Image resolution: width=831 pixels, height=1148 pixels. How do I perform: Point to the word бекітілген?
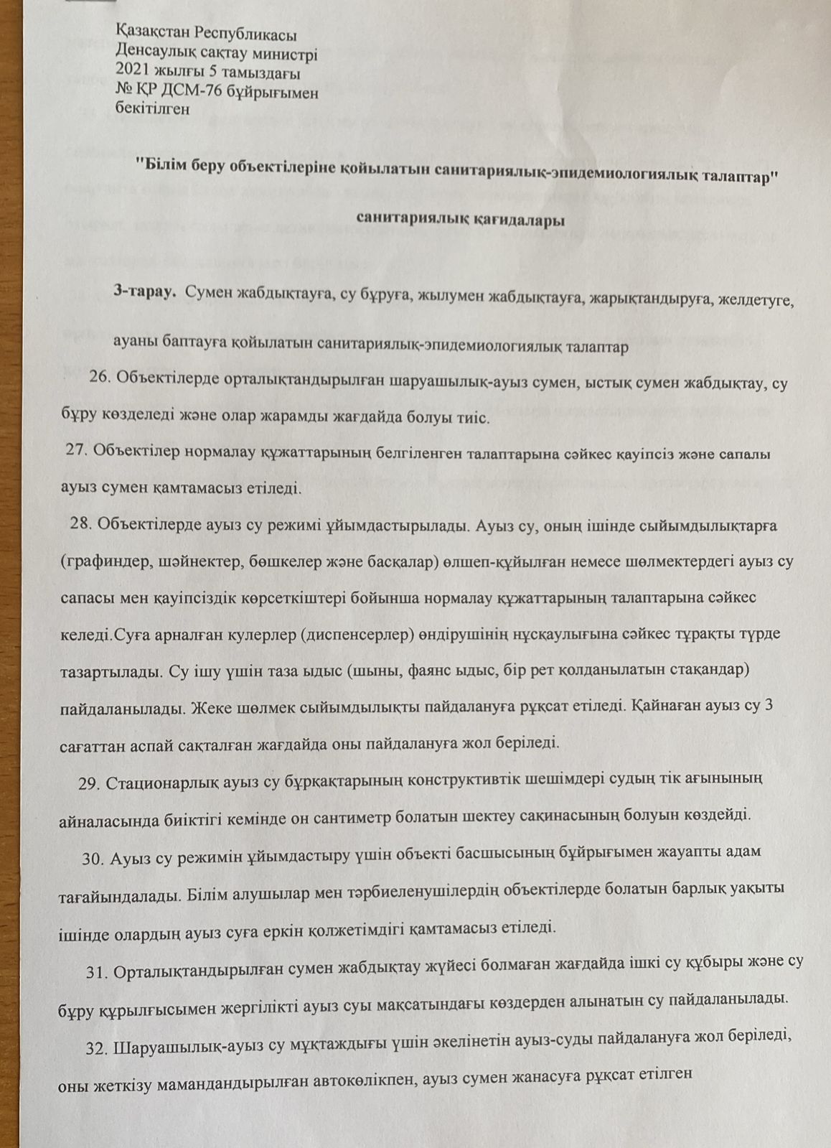(x=152, y=110)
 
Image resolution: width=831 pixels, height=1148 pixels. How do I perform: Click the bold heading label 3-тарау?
(x=144, y=292)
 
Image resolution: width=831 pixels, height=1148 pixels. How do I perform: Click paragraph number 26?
(x=100, y=379)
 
